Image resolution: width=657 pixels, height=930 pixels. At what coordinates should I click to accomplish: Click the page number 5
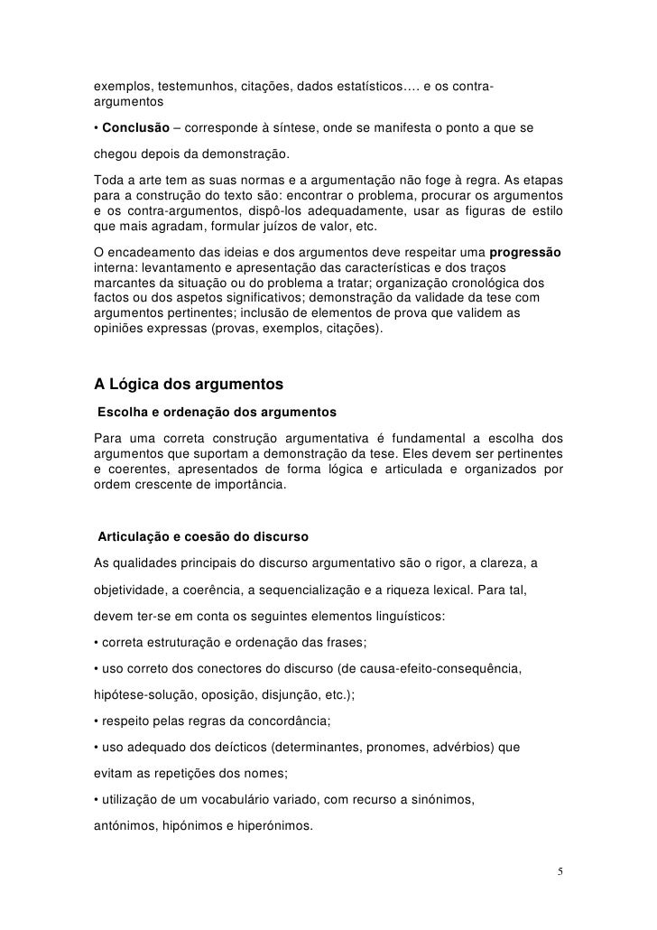(x=560, y=871)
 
